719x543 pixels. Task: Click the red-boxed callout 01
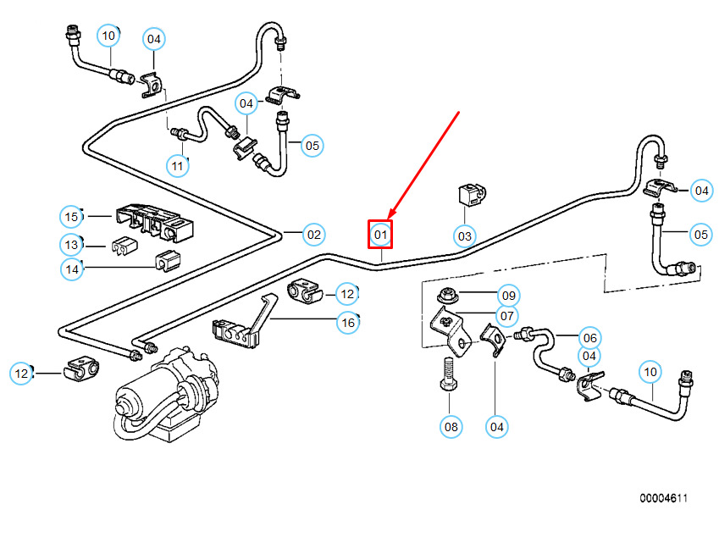coord(380,234)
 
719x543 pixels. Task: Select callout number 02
coord(313,235)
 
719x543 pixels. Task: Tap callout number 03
coord(464,235)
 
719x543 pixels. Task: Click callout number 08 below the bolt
coord(451,426)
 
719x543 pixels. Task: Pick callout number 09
coord(507,296)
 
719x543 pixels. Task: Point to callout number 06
coord(589,336)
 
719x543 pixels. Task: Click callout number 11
coord(177,165)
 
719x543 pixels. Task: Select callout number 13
coord(72,245)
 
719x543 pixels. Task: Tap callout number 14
coord(72,269)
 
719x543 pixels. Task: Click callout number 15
coord(72,217)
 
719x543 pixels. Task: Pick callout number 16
coord(347,322)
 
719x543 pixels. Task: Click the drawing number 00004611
coord(663,499)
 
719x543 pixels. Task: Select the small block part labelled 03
coord(467,195)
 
